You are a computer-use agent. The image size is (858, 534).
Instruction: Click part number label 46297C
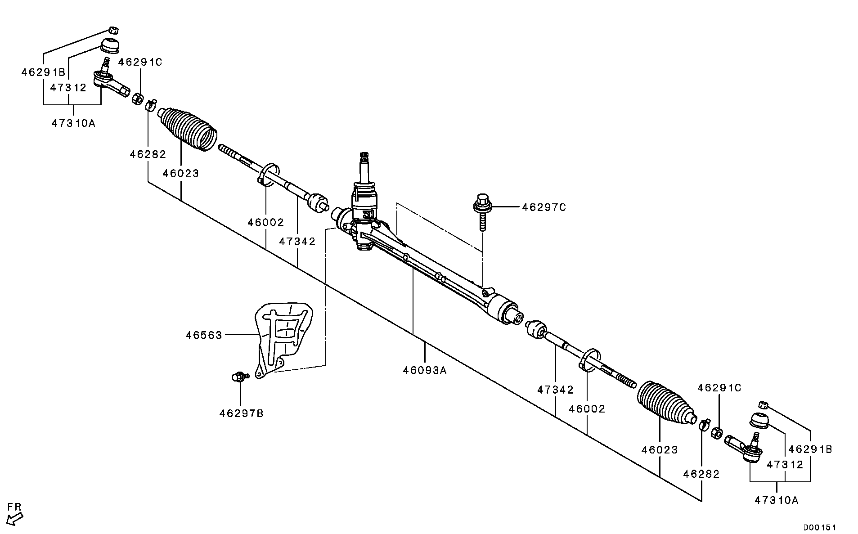click(544, 207)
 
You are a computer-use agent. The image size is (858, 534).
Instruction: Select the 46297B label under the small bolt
click(241, 413)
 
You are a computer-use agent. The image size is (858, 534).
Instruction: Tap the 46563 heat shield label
click(204, 335)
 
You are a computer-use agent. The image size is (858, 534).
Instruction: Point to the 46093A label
click(425, 370)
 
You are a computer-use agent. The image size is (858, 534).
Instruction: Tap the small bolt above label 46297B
click(239, 377)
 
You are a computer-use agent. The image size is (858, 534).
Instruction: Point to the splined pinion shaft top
click(364, 158)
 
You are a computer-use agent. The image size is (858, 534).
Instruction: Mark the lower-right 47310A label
click(777, 500)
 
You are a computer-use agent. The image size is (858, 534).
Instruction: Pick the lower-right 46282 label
click(701, 474)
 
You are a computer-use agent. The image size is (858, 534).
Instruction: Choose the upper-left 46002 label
click(265, 222)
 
